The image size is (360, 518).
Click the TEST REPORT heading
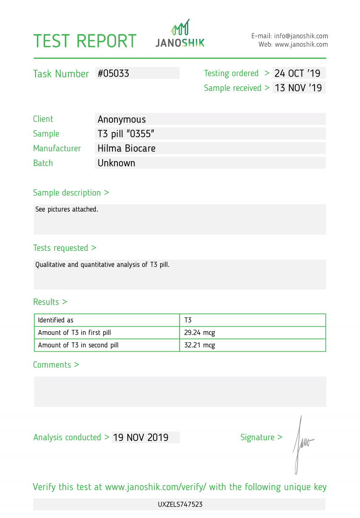pos(85,41)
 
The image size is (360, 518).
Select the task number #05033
pos(113,73)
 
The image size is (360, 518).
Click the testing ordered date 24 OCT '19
pos(297,73)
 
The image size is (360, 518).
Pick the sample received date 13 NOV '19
pos(298,88)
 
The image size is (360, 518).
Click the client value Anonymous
pos(121,119)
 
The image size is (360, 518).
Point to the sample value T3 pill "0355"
pos(126,134)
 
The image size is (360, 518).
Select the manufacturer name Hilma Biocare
pos(126,148)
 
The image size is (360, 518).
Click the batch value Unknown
pos(116,163)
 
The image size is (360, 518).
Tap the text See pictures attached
pos(67,209)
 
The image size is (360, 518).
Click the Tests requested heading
pos(64,248)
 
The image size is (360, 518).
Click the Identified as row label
pos(55,320)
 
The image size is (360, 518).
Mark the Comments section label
pos(56,365)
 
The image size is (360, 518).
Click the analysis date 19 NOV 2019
pos(141,437)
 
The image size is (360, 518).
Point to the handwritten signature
pos(301,444)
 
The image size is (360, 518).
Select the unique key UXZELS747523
pos(180,504)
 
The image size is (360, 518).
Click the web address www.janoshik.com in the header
pos(301,45)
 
